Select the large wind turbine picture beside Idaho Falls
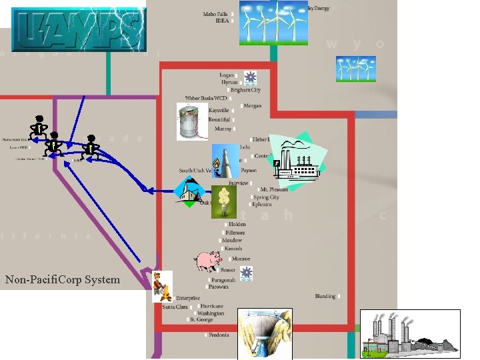273,23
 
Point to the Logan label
227,75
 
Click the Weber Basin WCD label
206,98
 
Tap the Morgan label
252,106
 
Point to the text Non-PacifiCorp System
63,279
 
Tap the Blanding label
325,296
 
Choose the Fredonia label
219,335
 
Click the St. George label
201,320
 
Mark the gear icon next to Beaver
247,272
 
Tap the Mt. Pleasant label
274,190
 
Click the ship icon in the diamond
190,191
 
